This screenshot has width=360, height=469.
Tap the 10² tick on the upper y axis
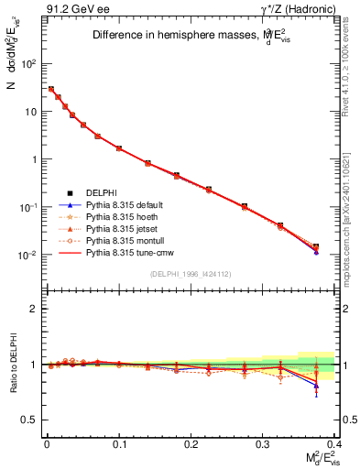click(x=29, y=64)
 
